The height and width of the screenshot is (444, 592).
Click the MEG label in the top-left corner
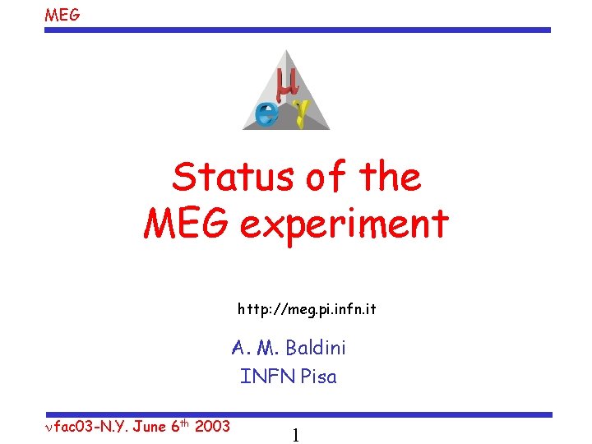[62, 14]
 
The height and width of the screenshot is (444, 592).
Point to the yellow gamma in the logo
[302, 113]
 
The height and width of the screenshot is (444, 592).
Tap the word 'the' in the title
[386, 178]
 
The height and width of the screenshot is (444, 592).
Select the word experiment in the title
[345, 224]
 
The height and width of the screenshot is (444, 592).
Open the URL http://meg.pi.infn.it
[307, 310]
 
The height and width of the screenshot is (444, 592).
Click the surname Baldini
[316, 348]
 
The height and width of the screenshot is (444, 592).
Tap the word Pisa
[318, 377]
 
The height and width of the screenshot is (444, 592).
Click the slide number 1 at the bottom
[295, 436]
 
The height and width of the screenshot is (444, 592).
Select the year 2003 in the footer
[211, 427]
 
